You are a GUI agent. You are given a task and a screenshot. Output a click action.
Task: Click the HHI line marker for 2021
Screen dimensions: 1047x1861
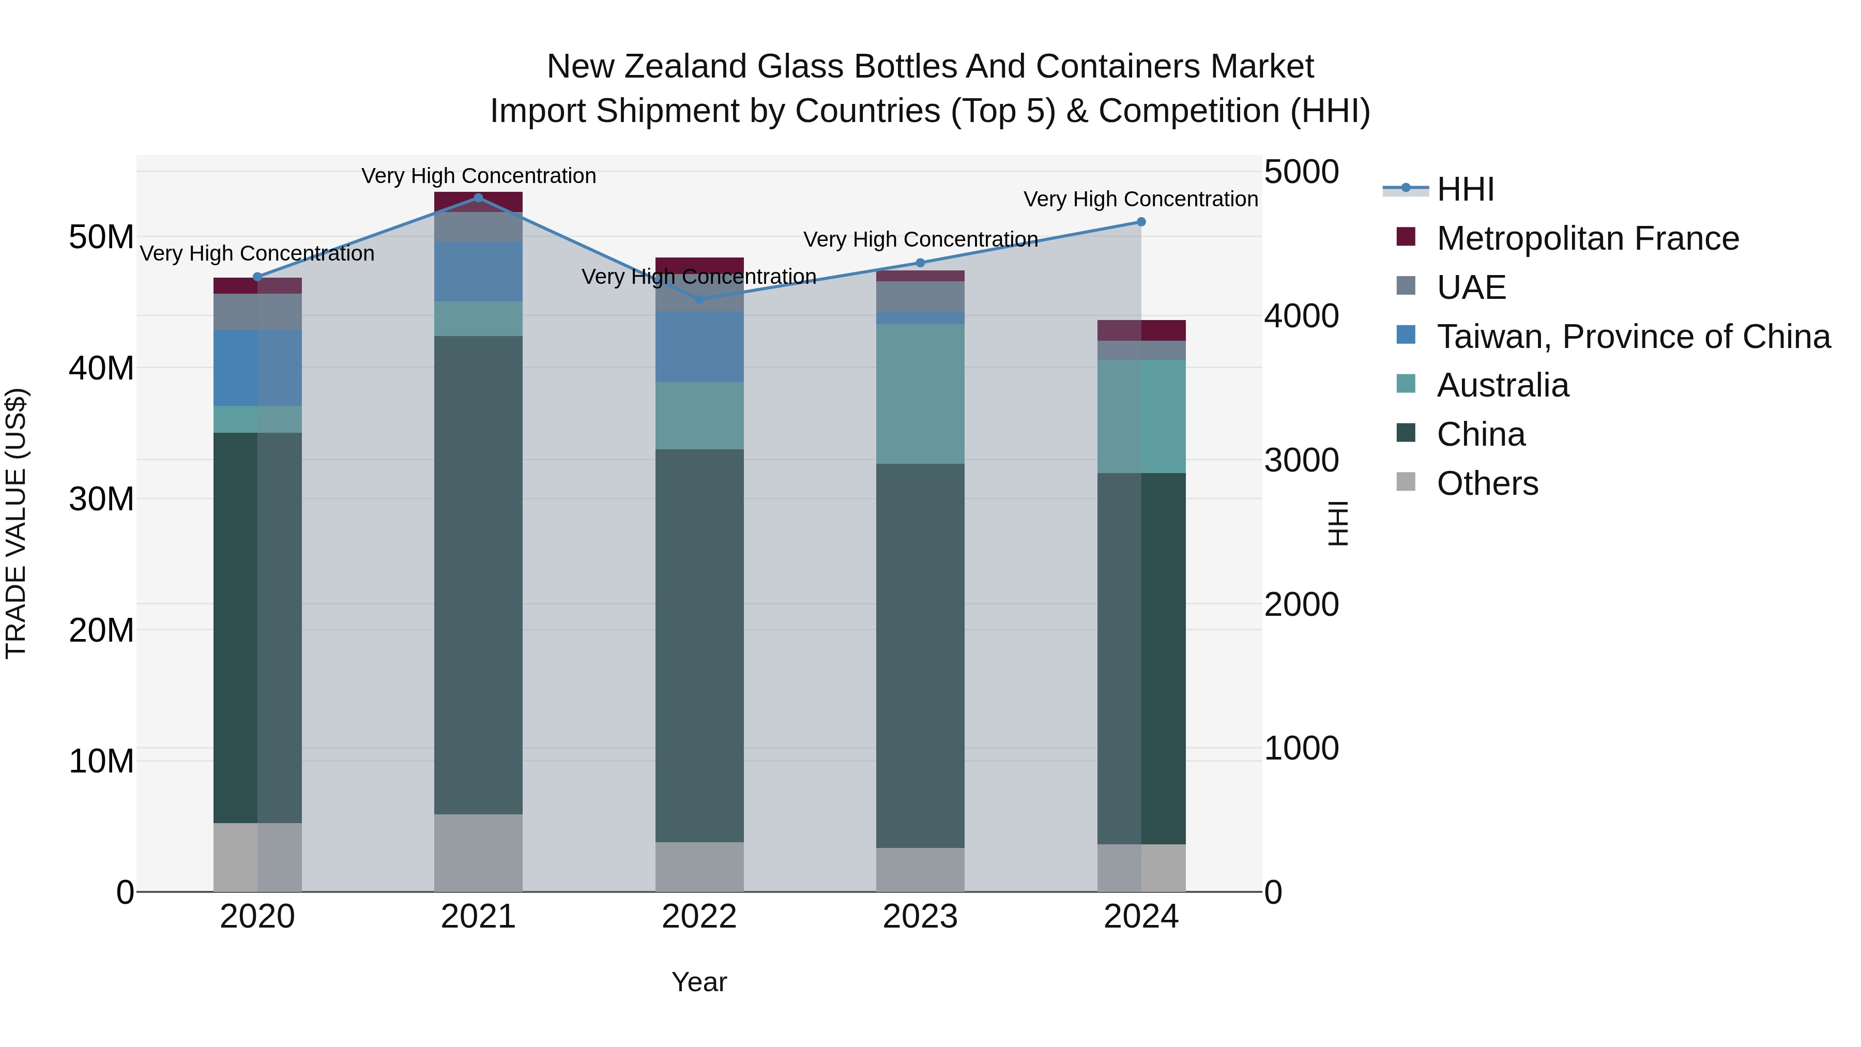478,198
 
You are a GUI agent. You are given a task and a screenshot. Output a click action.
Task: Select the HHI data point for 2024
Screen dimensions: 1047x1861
1141,222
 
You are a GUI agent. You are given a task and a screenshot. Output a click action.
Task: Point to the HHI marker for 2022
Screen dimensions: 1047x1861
699,299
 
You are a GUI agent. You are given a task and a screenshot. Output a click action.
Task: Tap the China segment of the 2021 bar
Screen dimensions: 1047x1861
478,574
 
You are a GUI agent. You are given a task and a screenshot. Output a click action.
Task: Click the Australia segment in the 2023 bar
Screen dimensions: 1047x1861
920,394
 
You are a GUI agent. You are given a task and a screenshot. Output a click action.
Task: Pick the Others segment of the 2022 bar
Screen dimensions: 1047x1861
699,867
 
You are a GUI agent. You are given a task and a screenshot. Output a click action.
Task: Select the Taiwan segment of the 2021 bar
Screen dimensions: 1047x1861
478,271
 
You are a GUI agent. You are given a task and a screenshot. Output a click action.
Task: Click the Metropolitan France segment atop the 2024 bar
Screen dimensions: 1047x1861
1141,330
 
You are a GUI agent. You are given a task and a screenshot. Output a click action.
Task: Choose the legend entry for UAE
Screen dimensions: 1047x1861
1471,287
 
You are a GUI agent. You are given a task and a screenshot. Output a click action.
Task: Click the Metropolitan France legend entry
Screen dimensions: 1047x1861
1587,238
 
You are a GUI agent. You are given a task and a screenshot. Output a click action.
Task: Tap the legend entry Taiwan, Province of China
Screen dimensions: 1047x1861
1633,337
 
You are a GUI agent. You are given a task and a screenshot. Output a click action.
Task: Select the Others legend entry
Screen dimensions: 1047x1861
1487,483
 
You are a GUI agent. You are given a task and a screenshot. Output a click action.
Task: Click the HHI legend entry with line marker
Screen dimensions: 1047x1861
1465,189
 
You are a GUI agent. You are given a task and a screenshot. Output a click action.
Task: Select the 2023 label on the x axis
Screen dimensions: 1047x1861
920,917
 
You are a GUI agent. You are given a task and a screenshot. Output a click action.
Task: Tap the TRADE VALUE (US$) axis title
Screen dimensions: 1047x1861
16,523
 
